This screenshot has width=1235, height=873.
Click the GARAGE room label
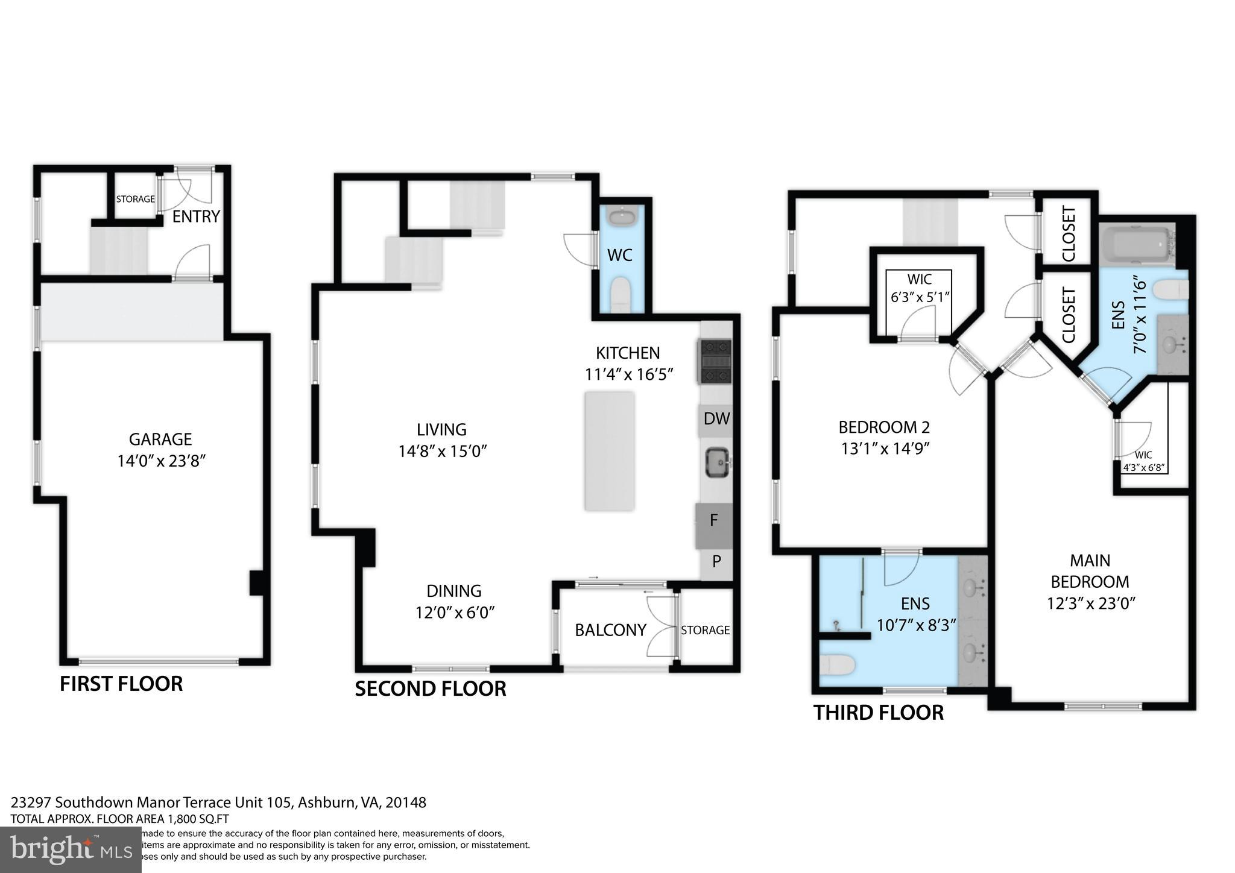coord(160,439)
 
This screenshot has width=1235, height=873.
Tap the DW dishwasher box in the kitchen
coord(716,418)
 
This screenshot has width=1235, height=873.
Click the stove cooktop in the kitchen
coord(715,361)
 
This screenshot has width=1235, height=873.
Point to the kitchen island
coord(609,451)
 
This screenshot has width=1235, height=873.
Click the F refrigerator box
coord(714,520)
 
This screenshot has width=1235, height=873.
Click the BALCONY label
coord(610,630)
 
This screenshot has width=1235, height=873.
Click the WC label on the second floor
coord(620,255)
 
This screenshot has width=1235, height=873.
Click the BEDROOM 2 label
coord(884,427)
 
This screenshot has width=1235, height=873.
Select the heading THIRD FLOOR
coord(878,713)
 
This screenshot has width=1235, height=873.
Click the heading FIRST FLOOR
coord(121,684)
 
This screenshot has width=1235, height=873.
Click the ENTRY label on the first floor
coord(196,216)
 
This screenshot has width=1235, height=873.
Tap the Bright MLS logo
coord(71,850)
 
